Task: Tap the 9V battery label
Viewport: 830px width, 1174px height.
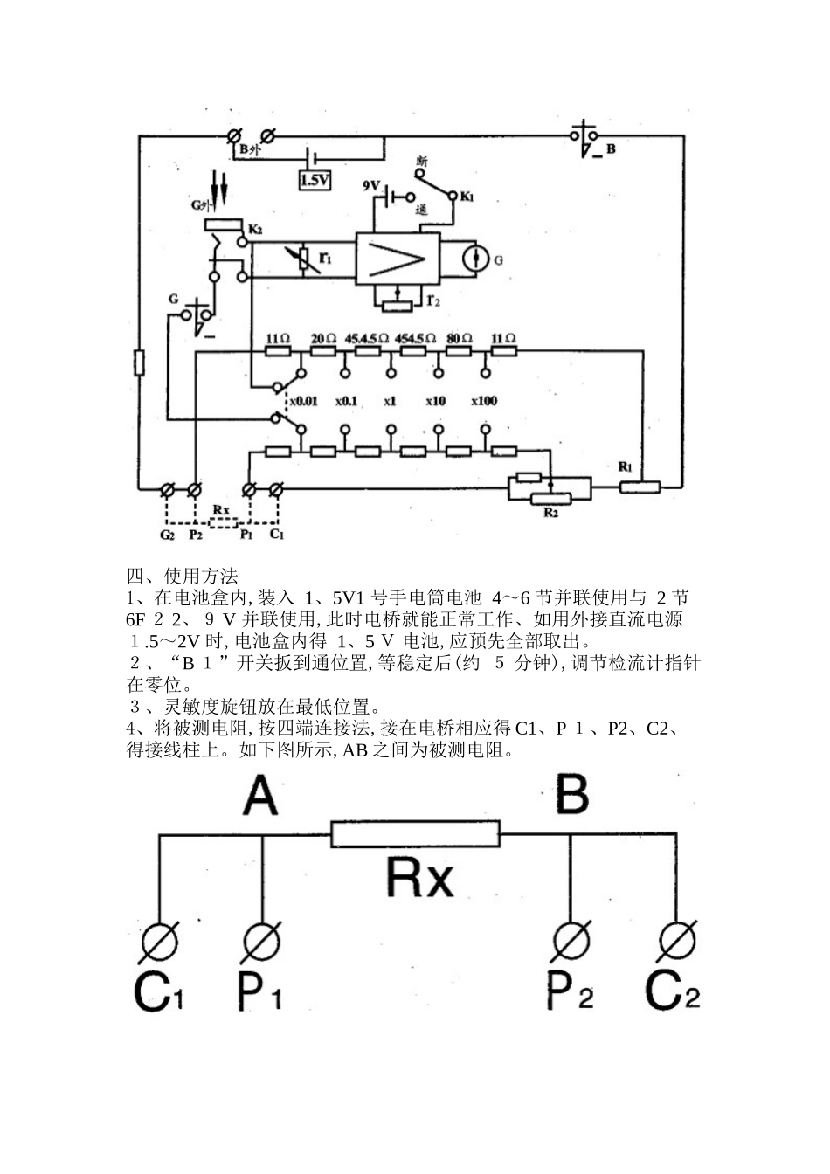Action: (371, 185)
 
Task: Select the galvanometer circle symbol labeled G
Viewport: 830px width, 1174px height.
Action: (476, 259)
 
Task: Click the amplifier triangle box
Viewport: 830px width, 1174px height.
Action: (397, 259)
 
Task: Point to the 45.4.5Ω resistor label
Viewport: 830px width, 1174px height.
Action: (366, 338)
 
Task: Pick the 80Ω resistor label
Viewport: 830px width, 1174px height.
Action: (460, 338)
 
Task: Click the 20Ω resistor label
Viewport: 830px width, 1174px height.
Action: (323, 338)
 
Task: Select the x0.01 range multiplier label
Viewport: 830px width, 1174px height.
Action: (302, 401)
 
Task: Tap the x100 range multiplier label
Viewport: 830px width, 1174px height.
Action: (484, 401)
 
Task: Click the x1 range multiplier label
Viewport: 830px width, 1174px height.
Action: (390, 401)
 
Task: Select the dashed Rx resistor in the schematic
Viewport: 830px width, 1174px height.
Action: (222, 522)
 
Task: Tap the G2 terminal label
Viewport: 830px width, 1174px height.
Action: (167, 535)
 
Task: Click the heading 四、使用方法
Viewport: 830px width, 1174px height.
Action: (182, 577)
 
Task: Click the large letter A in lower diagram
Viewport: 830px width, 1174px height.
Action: (259, 796)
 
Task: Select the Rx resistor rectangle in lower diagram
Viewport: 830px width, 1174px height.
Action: (415, 834)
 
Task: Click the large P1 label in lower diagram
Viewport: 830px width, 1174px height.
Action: (260, 993)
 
